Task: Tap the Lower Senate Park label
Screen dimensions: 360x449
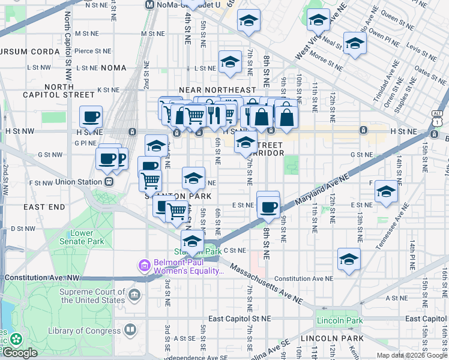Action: click(x=73, y=237)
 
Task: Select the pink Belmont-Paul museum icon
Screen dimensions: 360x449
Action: click(x=144, y=265)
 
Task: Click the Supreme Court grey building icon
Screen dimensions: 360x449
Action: click(x=134, y=295)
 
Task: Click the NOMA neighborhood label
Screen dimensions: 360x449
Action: click(x=113, y=68)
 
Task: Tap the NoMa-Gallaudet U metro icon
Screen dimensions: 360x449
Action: click(x=151, y=4)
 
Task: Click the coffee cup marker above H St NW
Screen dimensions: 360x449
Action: click(x=91, y=116)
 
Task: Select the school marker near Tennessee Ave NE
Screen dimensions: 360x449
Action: click(x=387, y=191)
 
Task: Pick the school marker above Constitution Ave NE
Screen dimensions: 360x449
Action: click(x=349, y=259)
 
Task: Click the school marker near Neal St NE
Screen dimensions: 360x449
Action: click(x=355, y=44)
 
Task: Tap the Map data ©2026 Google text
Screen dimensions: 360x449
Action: click(x=411, y=355)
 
